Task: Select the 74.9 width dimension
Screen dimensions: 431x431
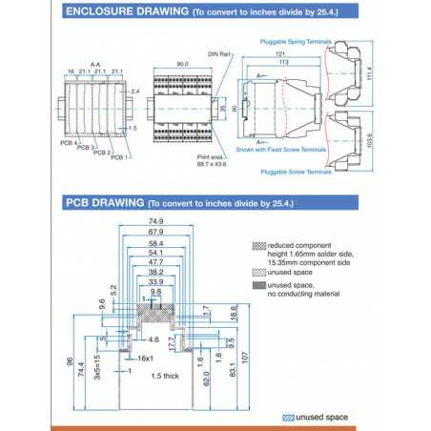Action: click(x=155, y=222)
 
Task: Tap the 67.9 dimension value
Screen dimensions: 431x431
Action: click(x=155, y=233)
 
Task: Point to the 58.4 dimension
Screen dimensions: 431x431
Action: click(x=155, y=244)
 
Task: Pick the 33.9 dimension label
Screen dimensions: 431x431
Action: click(x=155, y=281)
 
